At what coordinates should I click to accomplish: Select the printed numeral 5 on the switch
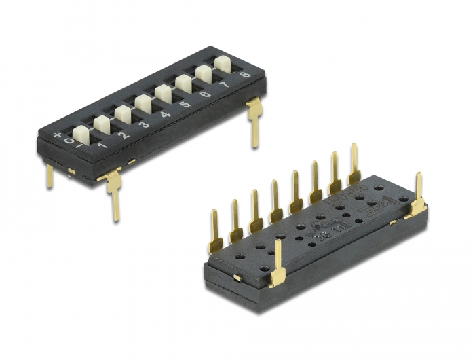(184, 105)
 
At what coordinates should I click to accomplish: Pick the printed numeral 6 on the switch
(204, 95)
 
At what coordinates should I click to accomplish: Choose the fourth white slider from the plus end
(142, 103)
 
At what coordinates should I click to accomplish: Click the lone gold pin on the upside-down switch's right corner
(417, 197)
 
